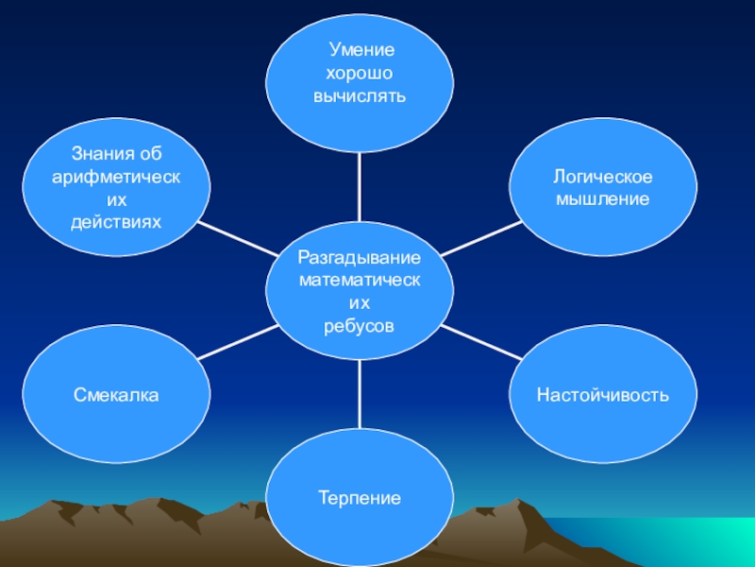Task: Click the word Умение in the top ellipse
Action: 360,52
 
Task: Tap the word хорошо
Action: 360,74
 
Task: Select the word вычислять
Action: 360,95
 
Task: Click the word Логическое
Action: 603,178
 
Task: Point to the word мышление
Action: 603,199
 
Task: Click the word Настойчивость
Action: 603,394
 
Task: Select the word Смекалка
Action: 117,394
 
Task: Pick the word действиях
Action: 117,221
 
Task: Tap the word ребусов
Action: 360,325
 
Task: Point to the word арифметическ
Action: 117,178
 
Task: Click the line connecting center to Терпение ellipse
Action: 360,392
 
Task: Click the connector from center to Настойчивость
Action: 481,342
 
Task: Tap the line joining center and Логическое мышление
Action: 481,238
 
